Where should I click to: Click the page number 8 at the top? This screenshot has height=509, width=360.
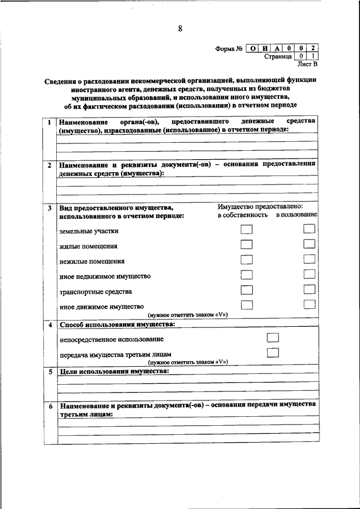tap(180, 29)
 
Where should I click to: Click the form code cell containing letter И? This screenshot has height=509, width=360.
tap(265, 48)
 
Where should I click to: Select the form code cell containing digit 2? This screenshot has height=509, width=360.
tap(313, 48)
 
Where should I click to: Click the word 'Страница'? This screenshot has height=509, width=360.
tap(277, 56)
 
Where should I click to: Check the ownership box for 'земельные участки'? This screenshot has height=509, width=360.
tap(246, 229)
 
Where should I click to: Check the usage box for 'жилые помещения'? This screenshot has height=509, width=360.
tap(309, 244)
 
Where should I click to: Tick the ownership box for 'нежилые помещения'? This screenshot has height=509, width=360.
tap(246, 259)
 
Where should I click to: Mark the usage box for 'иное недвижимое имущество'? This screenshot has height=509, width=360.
tap(309, 274)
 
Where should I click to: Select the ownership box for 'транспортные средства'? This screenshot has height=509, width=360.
tap(246, 290)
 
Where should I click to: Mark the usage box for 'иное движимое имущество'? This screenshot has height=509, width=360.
tap(309, 304)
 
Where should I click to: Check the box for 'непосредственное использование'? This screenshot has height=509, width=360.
tap(273, 337)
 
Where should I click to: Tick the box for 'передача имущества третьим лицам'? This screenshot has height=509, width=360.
tap(273, 353)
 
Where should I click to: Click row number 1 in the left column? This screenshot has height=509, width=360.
tap(50, 123)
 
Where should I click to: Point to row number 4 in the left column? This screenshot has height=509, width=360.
tap(50, 325)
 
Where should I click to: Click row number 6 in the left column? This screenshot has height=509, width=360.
tap(50, 406)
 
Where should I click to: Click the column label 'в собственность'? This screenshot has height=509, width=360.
tap(242, 215)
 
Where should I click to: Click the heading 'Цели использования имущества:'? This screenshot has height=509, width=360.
tap(114, 372)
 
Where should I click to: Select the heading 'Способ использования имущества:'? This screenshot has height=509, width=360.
tap(117, 325)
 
